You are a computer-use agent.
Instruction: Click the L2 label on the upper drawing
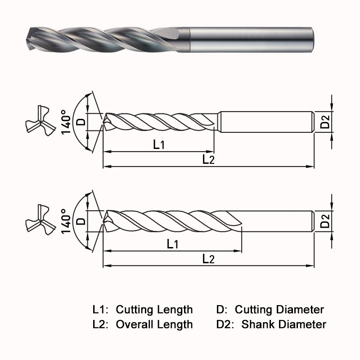click(x=208, y=160)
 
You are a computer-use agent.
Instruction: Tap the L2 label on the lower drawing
click(x=208, y=259)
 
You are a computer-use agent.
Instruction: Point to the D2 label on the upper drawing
click(x=325, y=121)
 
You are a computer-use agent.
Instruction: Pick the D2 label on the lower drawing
click(x=325, y=221)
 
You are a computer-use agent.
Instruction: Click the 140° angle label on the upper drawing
click(x=67, y=122)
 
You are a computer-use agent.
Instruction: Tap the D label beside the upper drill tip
click(x=81, y=121)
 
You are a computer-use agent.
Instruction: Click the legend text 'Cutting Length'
click(x=154, y=310)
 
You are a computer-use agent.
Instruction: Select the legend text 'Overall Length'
click(x=154, y=324)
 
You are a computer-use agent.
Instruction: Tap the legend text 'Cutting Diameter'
click(x=279, y=310)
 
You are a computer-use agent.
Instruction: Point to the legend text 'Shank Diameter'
click(x=283, y=324)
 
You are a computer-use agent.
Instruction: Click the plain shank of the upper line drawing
click(x=265, y=121)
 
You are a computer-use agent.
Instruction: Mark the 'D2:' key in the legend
click(x=225, y=324)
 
